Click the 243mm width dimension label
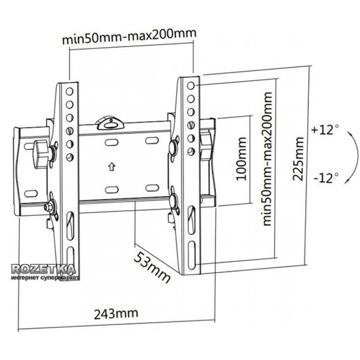[x=116, y=314]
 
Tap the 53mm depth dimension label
[x=152, y=267]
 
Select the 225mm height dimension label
[x=298, y=159]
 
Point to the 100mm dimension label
[x=241, y=159]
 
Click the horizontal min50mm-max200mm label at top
[x=129, y=36]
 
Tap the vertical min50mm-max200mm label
[x=267, y=159]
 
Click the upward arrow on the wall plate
[x=112, y=166]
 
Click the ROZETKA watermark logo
[x=44, y=269]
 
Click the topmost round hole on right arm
[x=191, y=86]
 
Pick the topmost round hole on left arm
[x=69, y=91]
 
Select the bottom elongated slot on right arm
[x=192, y=255]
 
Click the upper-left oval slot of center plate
[x=112, y=142]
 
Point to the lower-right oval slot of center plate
[x=152, y=188]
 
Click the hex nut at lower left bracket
[x=48, y=207]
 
